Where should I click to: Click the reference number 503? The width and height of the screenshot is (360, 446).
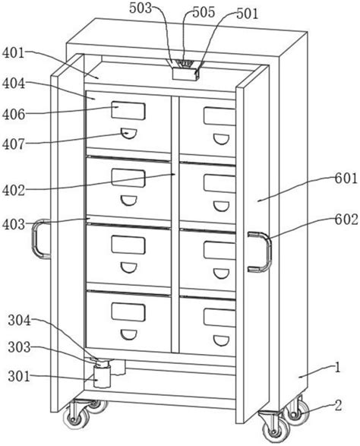(141, 8)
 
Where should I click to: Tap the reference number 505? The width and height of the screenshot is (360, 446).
(204, 12)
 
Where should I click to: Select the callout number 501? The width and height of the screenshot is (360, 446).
(248, 14)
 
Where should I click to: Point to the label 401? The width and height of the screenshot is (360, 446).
(14, 53)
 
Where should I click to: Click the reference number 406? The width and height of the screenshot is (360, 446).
(14, 114)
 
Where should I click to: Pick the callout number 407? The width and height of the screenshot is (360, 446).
(14, 144)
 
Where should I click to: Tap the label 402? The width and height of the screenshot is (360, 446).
(14, 190)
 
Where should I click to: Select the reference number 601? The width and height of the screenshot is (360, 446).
(346, 179)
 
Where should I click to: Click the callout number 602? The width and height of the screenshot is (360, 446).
(346, 220)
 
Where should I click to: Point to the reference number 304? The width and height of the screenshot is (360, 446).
(19, 321)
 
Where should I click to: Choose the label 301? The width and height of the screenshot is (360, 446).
(19, 376)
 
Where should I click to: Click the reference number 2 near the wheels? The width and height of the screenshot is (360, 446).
(338, 406)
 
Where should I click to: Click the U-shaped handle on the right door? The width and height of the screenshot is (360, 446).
(268, 251)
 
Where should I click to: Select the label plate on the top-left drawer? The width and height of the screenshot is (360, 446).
(128, 110)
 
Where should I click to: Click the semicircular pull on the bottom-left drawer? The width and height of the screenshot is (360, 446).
(129, 335)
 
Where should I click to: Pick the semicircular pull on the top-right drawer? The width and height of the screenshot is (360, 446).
(221, 139)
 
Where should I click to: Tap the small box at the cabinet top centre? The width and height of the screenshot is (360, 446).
(185, 74)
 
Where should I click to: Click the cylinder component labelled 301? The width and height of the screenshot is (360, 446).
(102, 376)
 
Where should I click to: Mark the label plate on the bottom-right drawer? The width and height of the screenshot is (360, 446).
(219, 318)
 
